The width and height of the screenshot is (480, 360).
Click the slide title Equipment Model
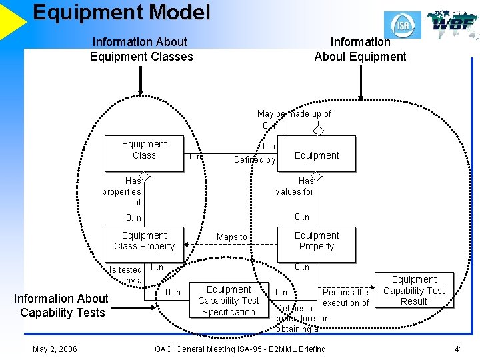[x=121, y=12]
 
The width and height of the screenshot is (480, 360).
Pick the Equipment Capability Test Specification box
[x=229, y=301]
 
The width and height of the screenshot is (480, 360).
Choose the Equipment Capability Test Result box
[x=414, y=291]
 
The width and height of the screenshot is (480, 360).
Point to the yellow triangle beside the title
[x=12, y=20]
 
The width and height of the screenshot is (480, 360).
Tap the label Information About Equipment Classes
[x=141, y=49]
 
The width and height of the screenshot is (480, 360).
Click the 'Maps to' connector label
[x=232, y=237]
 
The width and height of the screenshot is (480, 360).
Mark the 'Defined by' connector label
[x=254, y=160]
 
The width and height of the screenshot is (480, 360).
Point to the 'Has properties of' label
[x=122, y=191]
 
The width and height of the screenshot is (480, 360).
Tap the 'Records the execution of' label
[x=345, y=298]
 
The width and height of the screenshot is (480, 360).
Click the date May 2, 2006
[x=55, y=349]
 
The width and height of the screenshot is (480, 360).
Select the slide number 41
[x=458, y=349]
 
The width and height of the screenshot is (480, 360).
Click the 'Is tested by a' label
[x=126, y=275]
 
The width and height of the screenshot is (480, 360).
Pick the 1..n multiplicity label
[x=156, y=268]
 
